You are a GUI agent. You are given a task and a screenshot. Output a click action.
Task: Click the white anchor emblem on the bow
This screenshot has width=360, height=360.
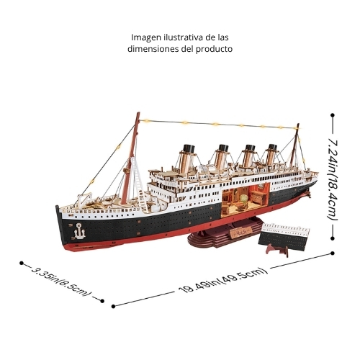pos(79,231)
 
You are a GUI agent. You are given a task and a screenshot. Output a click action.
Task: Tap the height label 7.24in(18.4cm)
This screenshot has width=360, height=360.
pos(333,179)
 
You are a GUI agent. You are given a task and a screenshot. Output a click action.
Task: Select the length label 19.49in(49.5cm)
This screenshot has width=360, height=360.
pos(223,280)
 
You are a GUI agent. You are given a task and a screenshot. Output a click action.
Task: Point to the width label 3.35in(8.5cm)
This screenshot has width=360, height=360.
pos(62,282)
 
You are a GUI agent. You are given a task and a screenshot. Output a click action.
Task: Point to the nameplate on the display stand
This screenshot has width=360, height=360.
pos(240,231)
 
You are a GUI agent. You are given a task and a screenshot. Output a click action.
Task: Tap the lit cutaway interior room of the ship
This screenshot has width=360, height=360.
pos(245,199)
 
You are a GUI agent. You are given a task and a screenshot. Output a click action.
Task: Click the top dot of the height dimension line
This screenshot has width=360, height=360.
pos(333,115)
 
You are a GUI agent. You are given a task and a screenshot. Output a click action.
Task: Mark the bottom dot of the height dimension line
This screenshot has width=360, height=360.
pos(333,238)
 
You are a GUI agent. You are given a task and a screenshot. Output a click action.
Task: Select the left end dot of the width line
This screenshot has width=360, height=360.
pos(22,264)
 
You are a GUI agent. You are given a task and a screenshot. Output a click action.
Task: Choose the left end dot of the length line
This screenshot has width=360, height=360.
pos(114,306)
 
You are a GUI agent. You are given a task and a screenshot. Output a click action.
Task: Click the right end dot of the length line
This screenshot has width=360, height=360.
pos(333,253)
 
